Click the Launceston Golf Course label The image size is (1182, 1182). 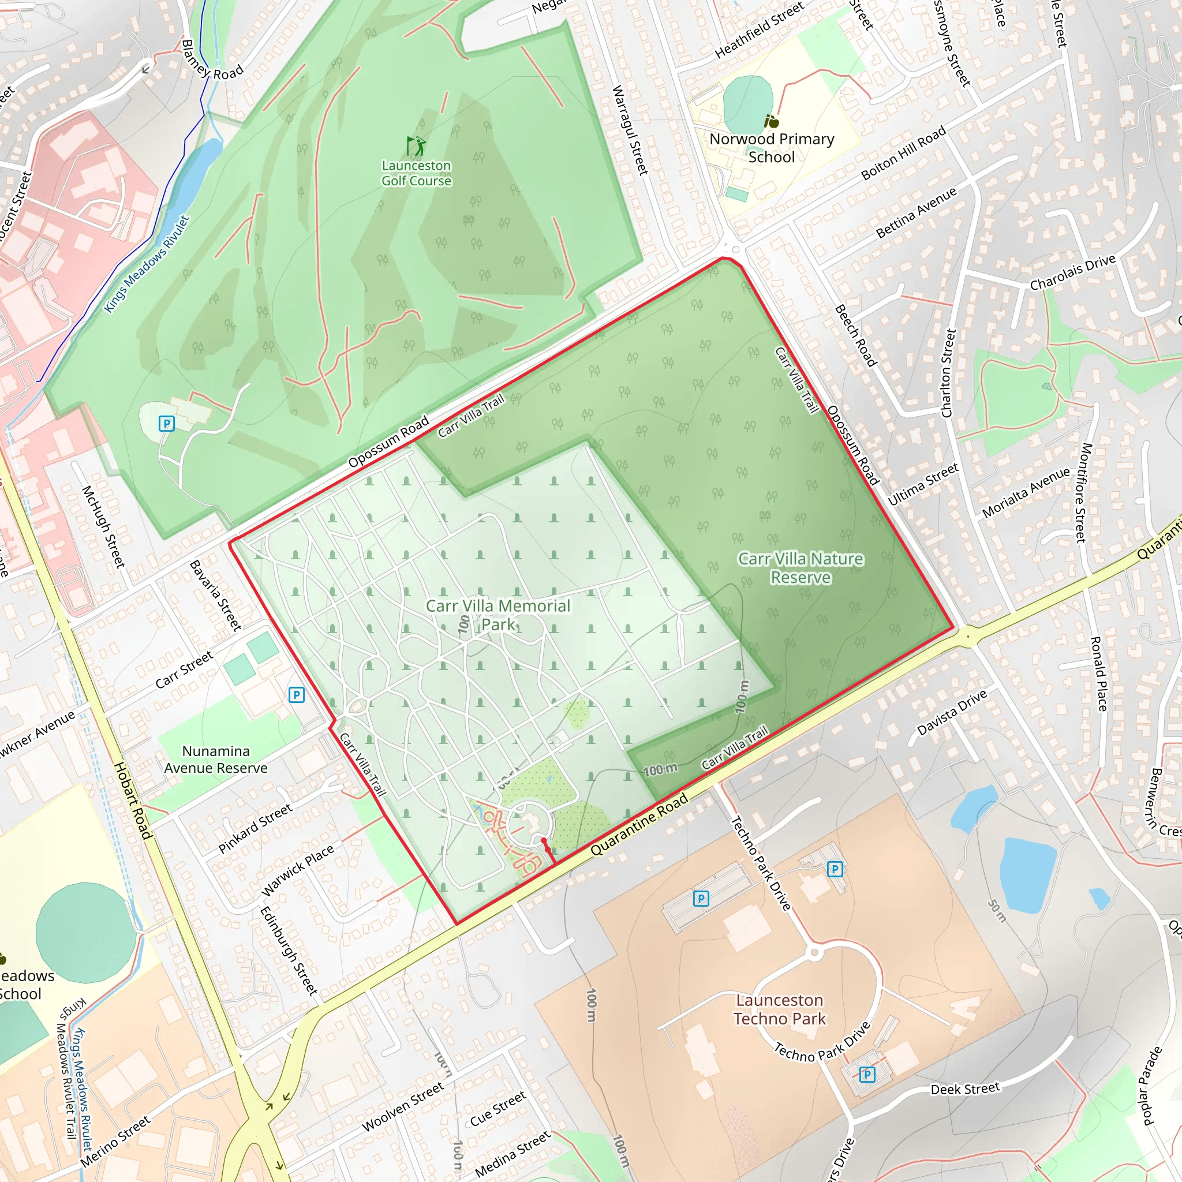416,173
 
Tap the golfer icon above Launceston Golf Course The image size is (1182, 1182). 416,145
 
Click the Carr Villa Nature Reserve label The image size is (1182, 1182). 801,568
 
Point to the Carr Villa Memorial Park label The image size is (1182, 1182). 498,615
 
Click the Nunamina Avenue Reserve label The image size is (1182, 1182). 216,760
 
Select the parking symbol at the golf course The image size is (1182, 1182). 166,424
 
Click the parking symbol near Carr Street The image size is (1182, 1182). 296,694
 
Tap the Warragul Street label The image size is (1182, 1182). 630,130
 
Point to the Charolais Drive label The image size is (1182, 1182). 1072,273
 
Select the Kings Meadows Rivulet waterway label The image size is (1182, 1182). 147,264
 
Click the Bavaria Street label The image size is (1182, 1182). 215,595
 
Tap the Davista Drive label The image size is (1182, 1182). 952,712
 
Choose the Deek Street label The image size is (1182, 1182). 965,1089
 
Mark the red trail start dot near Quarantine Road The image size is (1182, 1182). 544,841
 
